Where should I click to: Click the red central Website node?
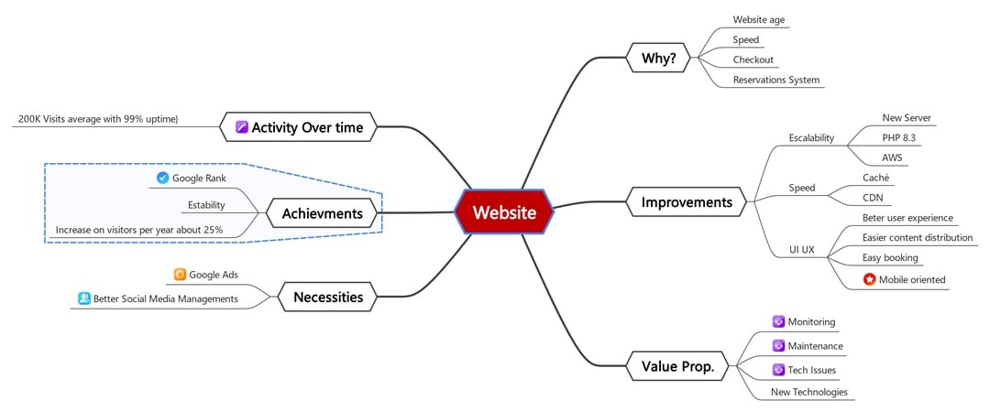(x=504, y=212)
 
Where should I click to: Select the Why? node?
(x=658, y=60)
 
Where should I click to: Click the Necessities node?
(x=327, y=297)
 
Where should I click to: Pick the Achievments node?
(x=322, y=214)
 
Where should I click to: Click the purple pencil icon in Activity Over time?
(x=242, y=127)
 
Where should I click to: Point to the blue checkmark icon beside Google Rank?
(x=163, y=178)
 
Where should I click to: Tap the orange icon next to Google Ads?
(x=180, y=274)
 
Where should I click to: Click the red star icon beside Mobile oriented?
(x=869, y=279)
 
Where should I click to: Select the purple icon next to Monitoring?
(x=778, y=321)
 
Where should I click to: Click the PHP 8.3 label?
(x=898, y=137)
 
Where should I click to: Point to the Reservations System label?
(x=775, y=80)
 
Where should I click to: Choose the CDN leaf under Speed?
(x=873, y=198)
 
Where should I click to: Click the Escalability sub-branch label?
(x=811, y=137)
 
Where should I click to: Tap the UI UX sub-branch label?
(x=801, y=249)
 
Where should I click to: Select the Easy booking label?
(x=890, y=258)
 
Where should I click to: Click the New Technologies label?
(x=808, y=392)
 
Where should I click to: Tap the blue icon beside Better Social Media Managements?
(x=84, y=298)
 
